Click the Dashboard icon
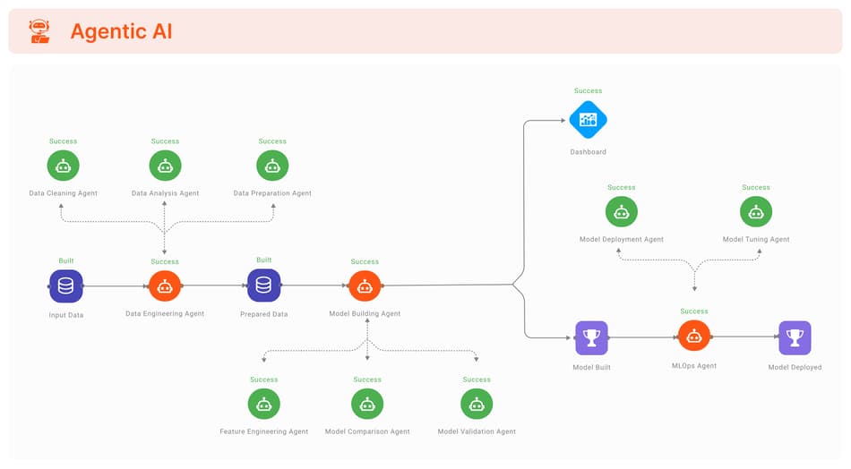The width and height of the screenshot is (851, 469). click(x=588, y=120)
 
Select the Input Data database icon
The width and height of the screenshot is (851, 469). click(x=65, y=286)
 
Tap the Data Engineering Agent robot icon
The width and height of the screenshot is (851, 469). click(x=165, y=286)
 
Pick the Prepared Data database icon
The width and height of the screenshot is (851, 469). click(x=263, y=286)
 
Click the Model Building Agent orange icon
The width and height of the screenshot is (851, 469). click(x=365, y=286)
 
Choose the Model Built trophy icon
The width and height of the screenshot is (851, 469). click(x=591, y=337)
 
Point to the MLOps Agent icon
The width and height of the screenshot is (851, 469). click(x=694, y=337)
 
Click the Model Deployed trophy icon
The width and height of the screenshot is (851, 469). click(x=795, y=337)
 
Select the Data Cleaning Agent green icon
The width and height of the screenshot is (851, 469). click(x=64, y=166)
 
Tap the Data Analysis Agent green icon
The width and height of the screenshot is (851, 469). click(x=165, y=166)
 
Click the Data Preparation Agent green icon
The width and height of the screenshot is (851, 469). click(x=272, y=166)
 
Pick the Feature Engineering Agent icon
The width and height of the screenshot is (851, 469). click(x=264, y=404)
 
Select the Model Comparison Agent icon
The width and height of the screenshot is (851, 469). click(x=367, y=404)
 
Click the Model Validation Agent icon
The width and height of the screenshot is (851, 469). click(x=477, y=404)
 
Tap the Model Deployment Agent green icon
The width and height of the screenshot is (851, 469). click(x=621, y=212)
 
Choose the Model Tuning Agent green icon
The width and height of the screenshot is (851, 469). click(x=756, y=212)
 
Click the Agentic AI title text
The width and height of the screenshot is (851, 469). click(x=121, y=31)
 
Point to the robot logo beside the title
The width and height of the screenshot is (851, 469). click(x=39, y=31)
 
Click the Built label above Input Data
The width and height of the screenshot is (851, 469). click(x=66, y=260)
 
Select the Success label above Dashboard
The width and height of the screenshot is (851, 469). click(x=588, y=90)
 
